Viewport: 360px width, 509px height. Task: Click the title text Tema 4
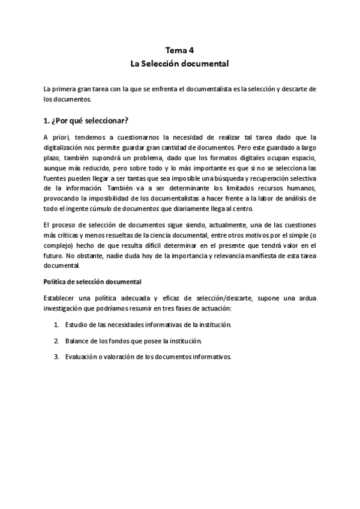click(x=179, y=50)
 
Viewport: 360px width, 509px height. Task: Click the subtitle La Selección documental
click(x=179, y=62)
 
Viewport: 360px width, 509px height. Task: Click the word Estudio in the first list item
click(x=77, y=325)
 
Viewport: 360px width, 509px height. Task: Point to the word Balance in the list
click(x=77, y=340)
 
